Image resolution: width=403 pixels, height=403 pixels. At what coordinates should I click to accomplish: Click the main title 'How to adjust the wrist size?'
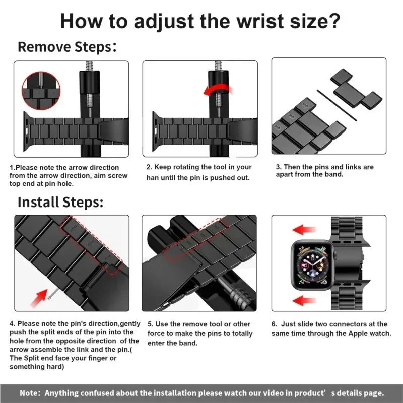(x=200, y=22)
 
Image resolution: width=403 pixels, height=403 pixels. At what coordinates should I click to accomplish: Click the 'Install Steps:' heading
(x=60, y=202)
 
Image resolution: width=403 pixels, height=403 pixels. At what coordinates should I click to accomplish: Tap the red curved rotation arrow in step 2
(x=218, y=90)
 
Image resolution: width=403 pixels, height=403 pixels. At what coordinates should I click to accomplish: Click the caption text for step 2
(x=199, y=172)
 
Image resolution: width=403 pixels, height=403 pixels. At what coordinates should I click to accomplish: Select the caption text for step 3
(x=324, y=170)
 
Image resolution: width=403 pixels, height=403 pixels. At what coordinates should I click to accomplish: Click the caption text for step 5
(x=199, y=333)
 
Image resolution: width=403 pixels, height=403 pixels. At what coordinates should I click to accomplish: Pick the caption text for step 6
(x=331, y=329)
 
